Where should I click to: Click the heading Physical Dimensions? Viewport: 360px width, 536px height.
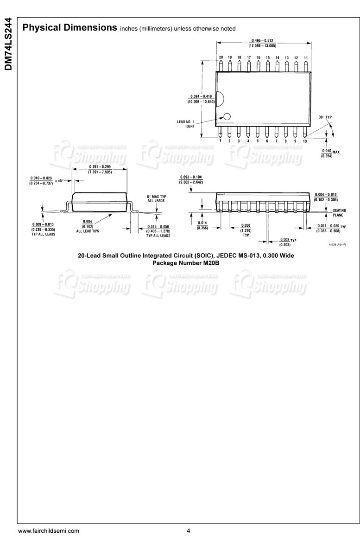[x=69, y=28]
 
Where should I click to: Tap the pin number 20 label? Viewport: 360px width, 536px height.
[x=221, y=57]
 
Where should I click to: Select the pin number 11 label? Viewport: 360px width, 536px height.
[x=306, y=57]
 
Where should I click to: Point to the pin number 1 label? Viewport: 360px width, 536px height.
[x=220, y=140]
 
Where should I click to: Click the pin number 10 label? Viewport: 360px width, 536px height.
[x=305, y=140]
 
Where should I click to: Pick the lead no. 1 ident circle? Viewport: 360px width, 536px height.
[x=227, y=117]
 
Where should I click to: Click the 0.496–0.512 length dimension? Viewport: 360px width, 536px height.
[x=263, y=43]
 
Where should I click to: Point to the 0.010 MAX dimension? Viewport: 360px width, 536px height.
[x=330, y=153]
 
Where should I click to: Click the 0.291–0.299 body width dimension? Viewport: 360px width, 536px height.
[x=100, y=169]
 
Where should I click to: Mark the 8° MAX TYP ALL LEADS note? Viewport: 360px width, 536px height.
[x=157, y=198]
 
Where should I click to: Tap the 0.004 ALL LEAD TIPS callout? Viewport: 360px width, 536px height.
[x=88, y=226]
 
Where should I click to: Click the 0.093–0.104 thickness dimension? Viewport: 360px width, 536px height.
[x=191, y=179]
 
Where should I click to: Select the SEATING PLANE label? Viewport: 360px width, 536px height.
[x=339, y=213]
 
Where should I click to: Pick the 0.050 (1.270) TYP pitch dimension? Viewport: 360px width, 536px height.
[x=246, y=230]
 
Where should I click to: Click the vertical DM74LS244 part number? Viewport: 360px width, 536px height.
[x=8, y=44]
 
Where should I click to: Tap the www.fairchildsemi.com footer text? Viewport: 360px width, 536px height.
[x=49, y=531]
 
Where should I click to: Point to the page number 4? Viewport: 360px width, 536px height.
[x=189, y=531]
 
